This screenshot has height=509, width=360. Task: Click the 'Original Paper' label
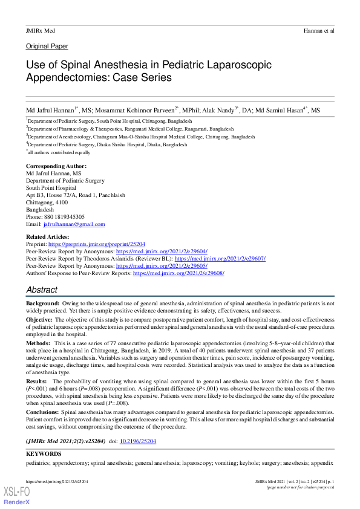47,46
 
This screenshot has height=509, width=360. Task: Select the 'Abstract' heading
42,290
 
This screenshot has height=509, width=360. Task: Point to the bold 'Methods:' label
39,342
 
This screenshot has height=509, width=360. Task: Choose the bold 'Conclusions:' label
43,412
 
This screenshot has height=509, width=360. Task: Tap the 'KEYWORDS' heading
44,453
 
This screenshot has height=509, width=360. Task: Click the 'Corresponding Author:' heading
56,166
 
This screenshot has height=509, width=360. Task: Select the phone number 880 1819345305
64,216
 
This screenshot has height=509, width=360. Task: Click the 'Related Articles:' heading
47,236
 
